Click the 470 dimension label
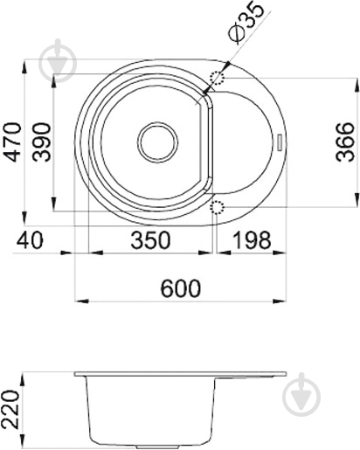(x=14, y=142)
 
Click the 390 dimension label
(x=42, y=142)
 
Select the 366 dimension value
(x=345, y=142)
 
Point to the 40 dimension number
(x=30, y=240)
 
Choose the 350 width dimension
(x=150, y=240)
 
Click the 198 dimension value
(x=253, y=240)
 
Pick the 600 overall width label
(x=181, y=288)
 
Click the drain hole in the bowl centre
(x=157, y=142)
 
